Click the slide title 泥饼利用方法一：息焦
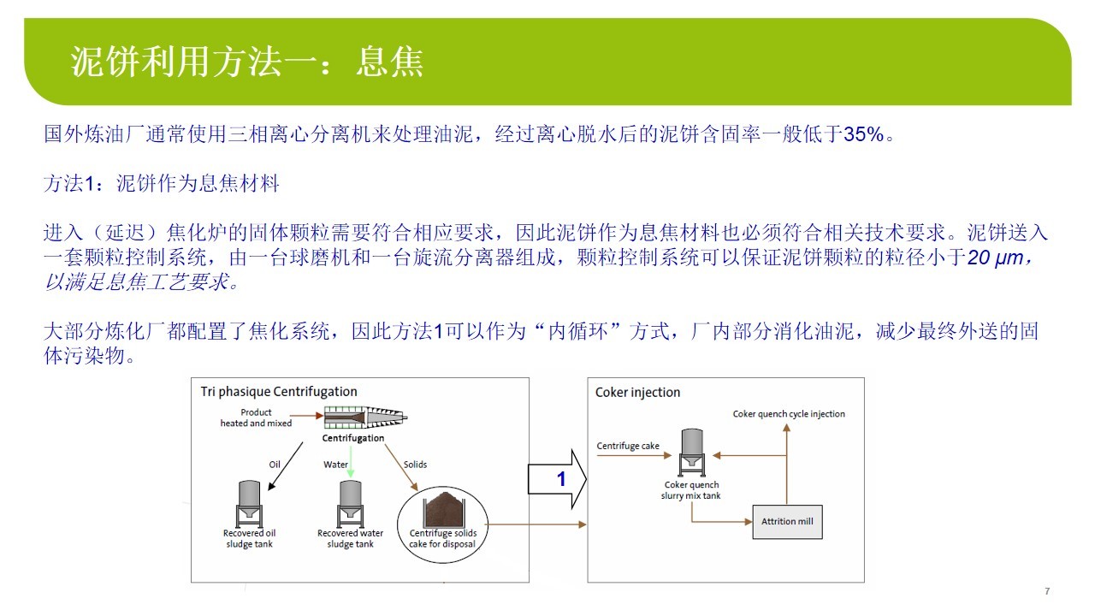(247, 62)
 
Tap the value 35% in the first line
(864, 134)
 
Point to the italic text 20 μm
(995, 258)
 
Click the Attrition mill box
(787, 522)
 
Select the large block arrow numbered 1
(557, 478)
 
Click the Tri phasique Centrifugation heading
(279, 392)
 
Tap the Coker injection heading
(637, 392)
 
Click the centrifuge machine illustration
(365, 418)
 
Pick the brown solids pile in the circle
(443, 509)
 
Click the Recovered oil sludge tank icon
(249, 504)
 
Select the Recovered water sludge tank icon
(350, 504)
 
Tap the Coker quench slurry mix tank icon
(692, 453)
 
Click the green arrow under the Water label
(351, 462)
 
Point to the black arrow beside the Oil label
(286, 466)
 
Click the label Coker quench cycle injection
(789, 413)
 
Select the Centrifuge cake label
(628, 446)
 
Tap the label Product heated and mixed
(256, 418)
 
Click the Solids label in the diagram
(415, 465)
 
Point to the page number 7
(1047, 591)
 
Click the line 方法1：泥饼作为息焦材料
(162, 184)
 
